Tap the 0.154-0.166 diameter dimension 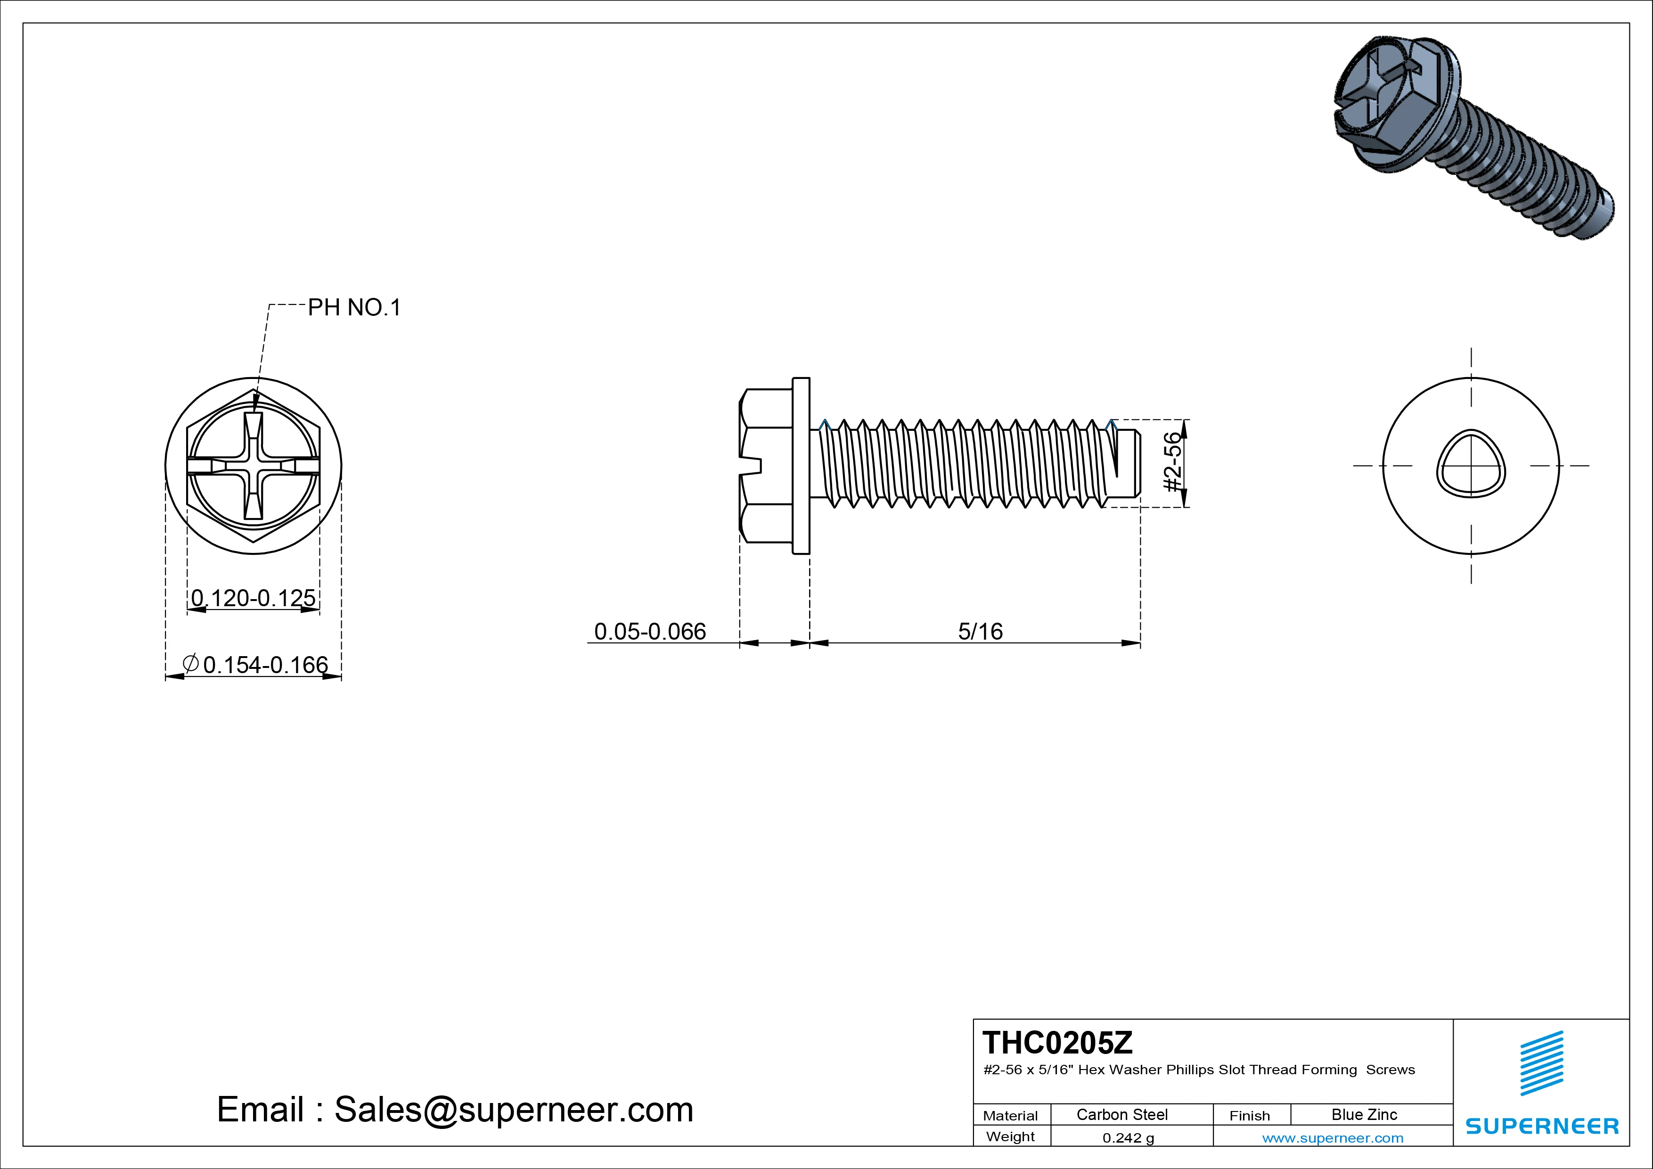264,664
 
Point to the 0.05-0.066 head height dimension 649,631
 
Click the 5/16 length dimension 980,631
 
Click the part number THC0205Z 1057,1042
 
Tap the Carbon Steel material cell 1121,1114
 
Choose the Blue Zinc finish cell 1364,1114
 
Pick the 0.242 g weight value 1128,1138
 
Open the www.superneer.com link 1333,1138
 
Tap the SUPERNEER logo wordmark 1542,1126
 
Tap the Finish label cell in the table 1249,1115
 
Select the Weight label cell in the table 1010,1136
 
